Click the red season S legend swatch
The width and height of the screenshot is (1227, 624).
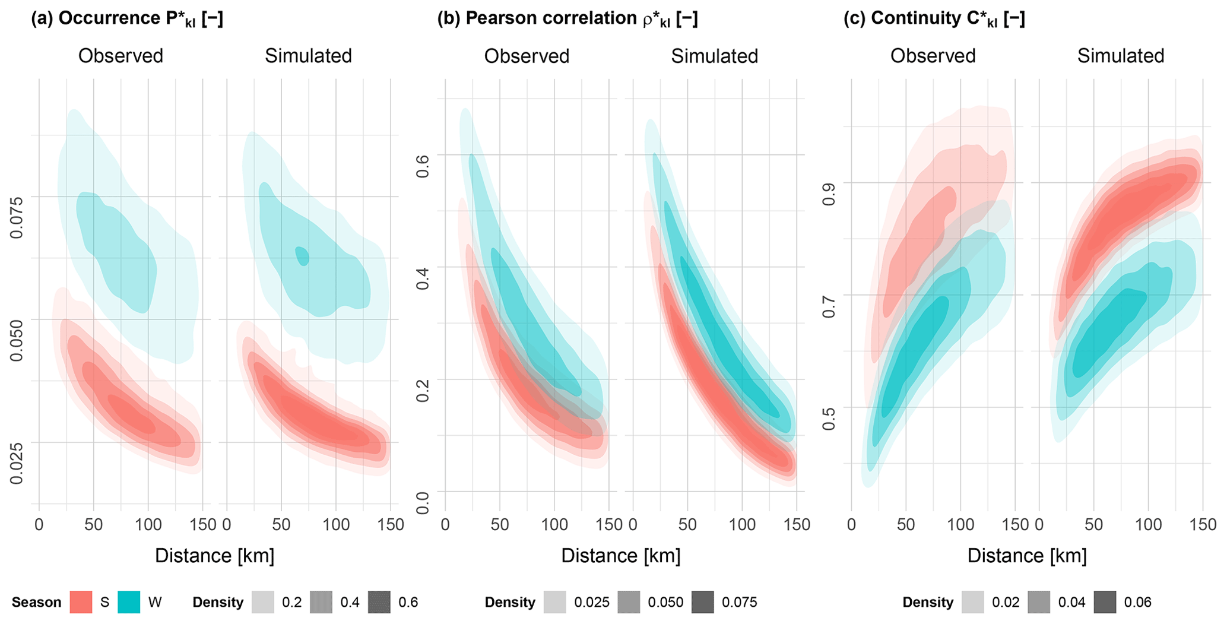coord(81,602)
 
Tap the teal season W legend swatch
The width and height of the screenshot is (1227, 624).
coord(129,602)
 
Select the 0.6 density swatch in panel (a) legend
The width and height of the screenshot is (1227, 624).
coord(379,602)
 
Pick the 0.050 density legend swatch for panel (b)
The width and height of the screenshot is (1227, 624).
coord(629,602)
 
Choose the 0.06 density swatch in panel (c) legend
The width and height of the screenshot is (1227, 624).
coord(1105,602)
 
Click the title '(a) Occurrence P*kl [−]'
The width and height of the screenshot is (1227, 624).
coord(127,19)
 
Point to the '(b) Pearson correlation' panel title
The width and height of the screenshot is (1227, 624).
coord(567,19)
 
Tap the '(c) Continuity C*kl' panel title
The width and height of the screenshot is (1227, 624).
coord(934,19)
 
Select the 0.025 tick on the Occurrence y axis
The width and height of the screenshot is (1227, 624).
coord(17,463)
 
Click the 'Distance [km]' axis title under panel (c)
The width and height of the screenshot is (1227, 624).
coord(1027,556)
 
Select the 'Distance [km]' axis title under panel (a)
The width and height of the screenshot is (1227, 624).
coord(214,556)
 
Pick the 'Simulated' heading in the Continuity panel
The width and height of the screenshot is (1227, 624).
coord(1121,56)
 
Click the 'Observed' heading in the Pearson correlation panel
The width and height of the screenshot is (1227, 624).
coord(527,56)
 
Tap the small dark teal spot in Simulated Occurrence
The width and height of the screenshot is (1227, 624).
coord(303,256)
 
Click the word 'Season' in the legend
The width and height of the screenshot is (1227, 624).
coord(36,602)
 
